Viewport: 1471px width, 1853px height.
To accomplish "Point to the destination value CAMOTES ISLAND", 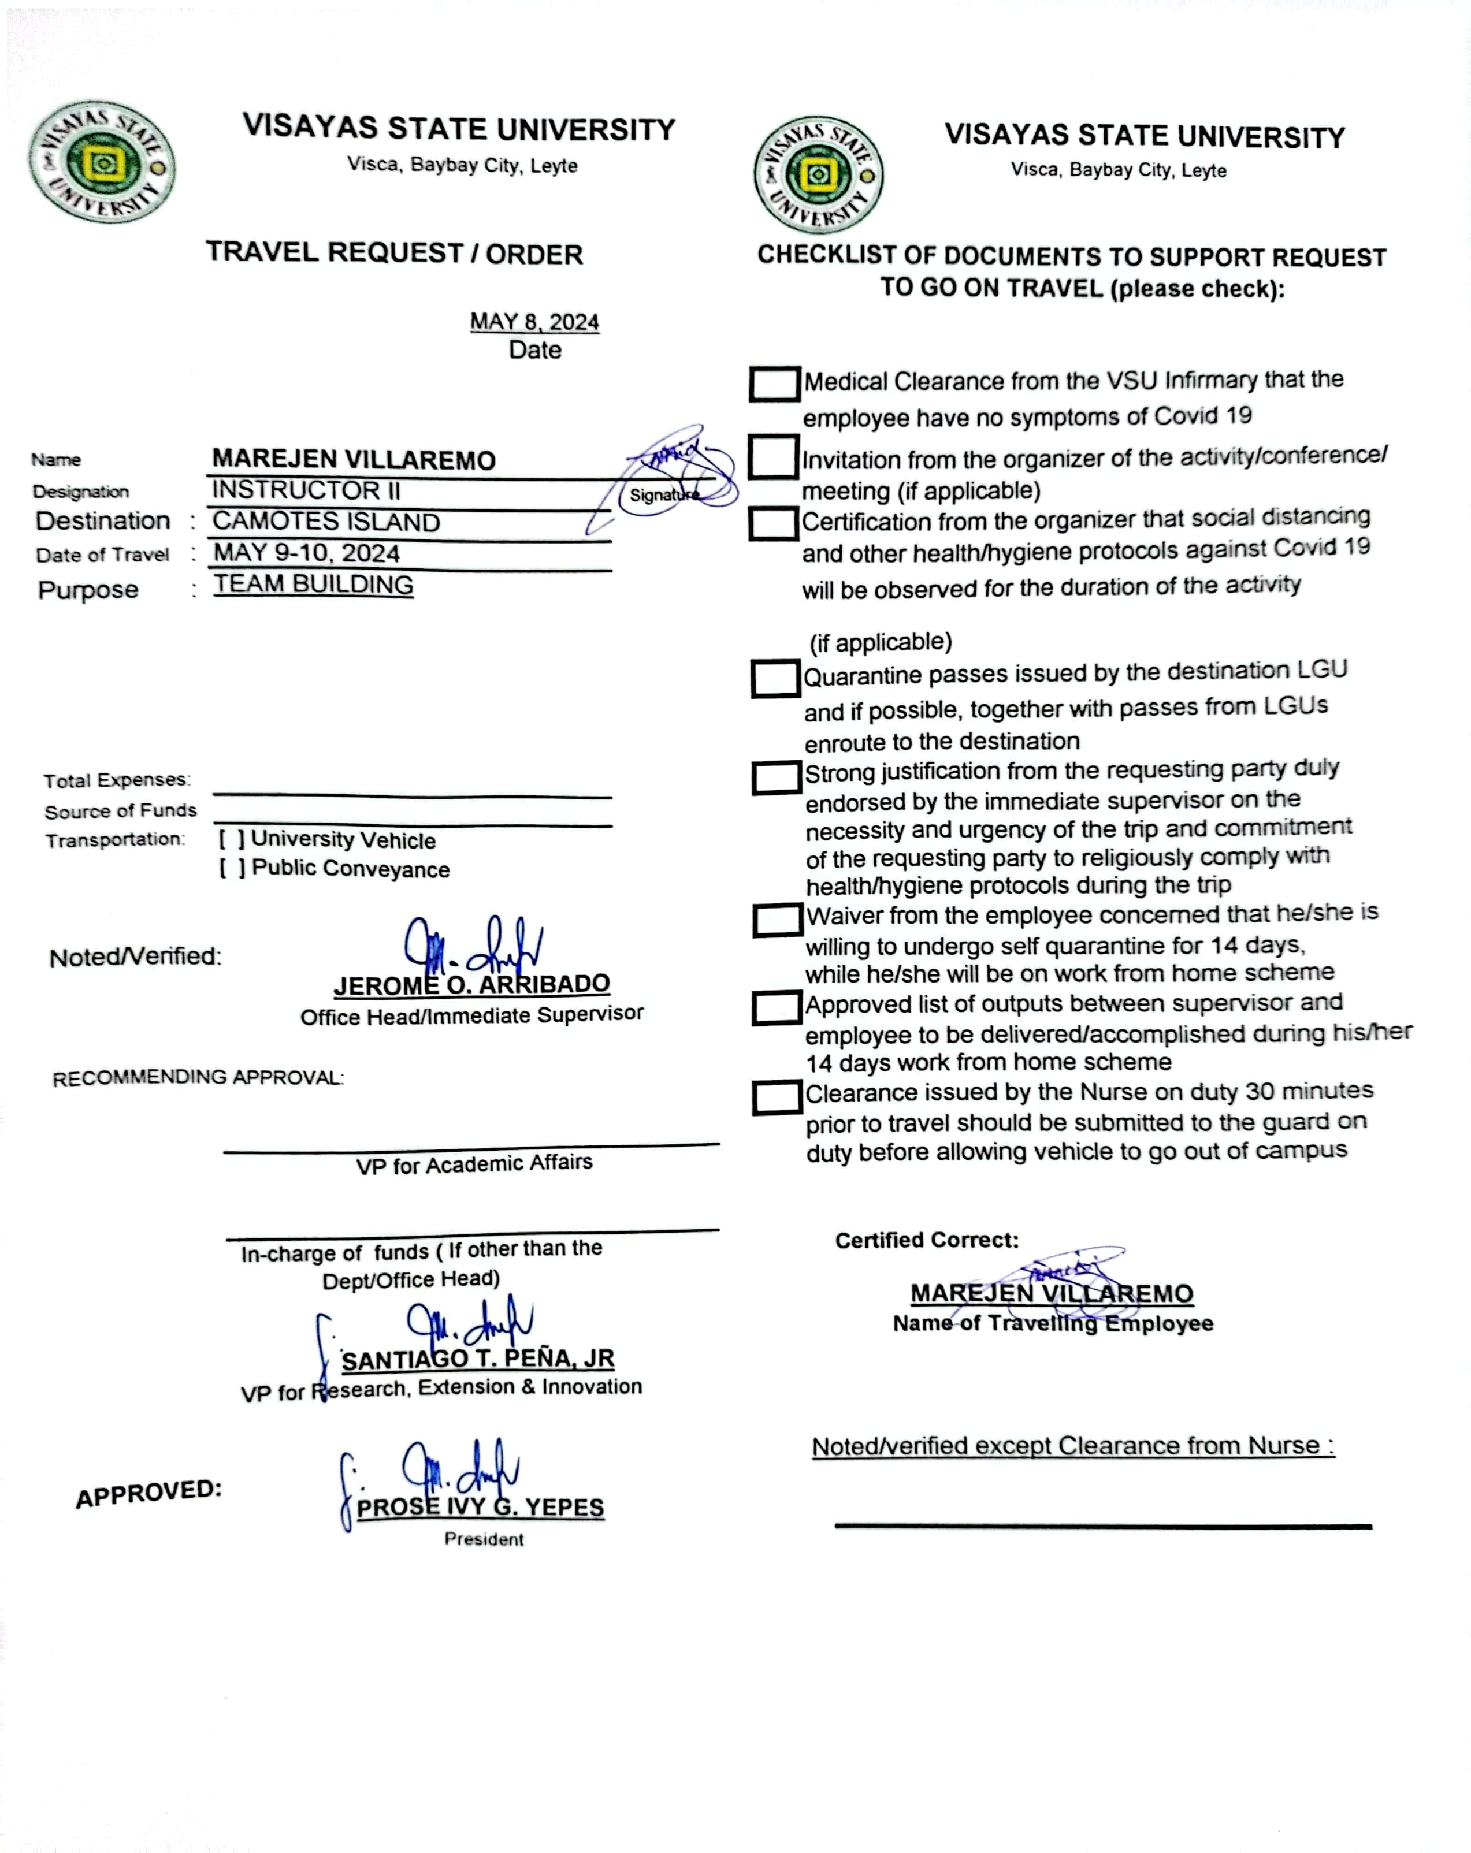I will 326,522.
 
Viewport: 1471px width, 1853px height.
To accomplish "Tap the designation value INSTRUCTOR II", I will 306,490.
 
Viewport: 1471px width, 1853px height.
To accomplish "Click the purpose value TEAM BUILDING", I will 313,585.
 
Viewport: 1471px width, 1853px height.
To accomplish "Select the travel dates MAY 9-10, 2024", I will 306,553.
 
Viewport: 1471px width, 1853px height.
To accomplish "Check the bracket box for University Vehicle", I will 231,839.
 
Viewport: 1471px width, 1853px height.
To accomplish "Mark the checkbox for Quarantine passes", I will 775,678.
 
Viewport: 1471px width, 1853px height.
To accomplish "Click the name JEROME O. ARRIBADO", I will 472,984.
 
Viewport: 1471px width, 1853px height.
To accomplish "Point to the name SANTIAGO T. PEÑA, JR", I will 478,1359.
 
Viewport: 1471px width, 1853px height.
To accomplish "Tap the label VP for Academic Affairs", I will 474,1164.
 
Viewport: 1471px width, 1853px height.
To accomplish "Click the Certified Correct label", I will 927,1240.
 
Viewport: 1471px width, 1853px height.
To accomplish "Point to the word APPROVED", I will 148,1493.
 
